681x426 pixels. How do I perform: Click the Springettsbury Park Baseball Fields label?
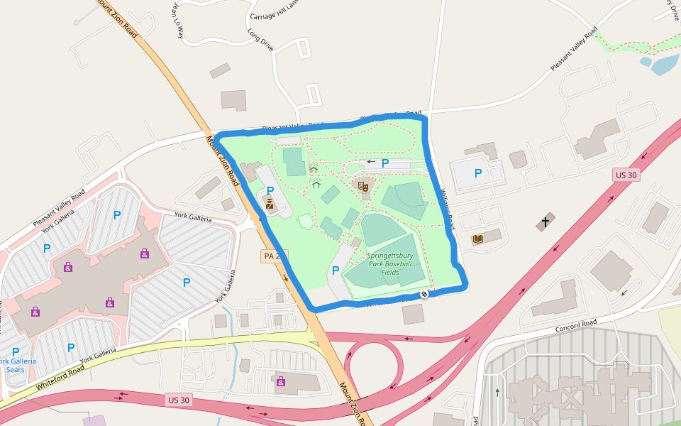[389, 263]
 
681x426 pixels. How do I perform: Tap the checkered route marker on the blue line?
[423, 294]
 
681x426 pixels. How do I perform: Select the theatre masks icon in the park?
[363, 187]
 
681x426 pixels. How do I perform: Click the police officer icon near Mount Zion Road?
[270, 204]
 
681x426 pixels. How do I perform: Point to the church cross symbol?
[545, 222]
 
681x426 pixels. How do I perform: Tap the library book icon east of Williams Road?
[477, 239]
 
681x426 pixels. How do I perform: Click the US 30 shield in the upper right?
[626, 175]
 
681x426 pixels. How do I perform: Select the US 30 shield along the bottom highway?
[178, 400]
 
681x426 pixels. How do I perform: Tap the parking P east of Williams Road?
[477, 173]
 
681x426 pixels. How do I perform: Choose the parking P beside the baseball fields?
[335, 270]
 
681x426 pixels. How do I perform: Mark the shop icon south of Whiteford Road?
[281, 381]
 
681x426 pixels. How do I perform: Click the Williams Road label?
[446, 210]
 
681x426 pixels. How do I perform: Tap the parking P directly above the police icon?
[270, 190]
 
